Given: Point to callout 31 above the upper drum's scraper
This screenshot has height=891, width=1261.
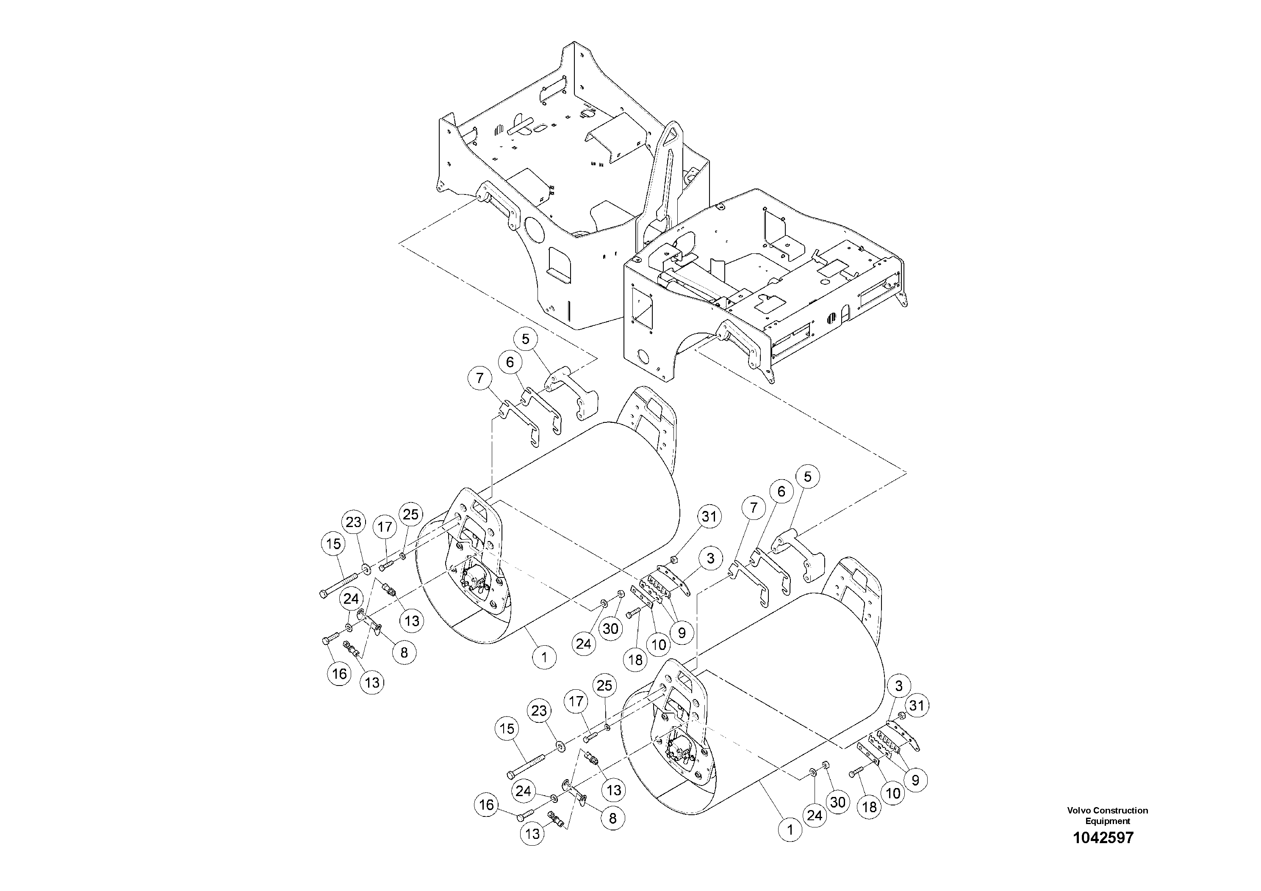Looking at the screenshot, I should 709,516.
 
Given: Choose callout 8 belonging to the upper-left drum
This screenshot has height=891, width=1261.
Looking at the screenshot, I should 404,652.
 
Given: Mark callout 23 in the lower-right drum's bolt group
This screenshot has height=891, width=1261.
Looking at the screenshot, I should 539,710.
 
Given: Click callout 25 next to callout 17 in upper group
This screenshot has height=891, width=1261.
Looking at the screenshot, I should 410,514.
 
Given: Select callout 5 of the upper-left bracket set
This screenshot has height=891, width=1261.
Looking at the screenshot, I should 526,339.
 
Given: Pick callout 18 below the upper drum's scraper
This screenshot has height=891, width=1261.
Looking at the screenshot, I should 635,659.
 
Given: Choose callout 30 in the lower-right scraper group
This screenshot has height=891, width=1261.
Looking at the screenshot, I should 837,802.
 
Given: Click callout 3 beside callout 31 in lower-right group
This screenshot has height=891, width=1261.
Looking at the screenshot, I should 898,686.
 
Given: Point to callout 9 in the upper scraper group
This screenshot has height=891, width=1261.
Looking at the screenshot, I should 682,633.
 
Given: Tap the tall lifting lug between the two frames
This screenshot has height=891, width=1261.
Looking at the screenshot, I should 667,170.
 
